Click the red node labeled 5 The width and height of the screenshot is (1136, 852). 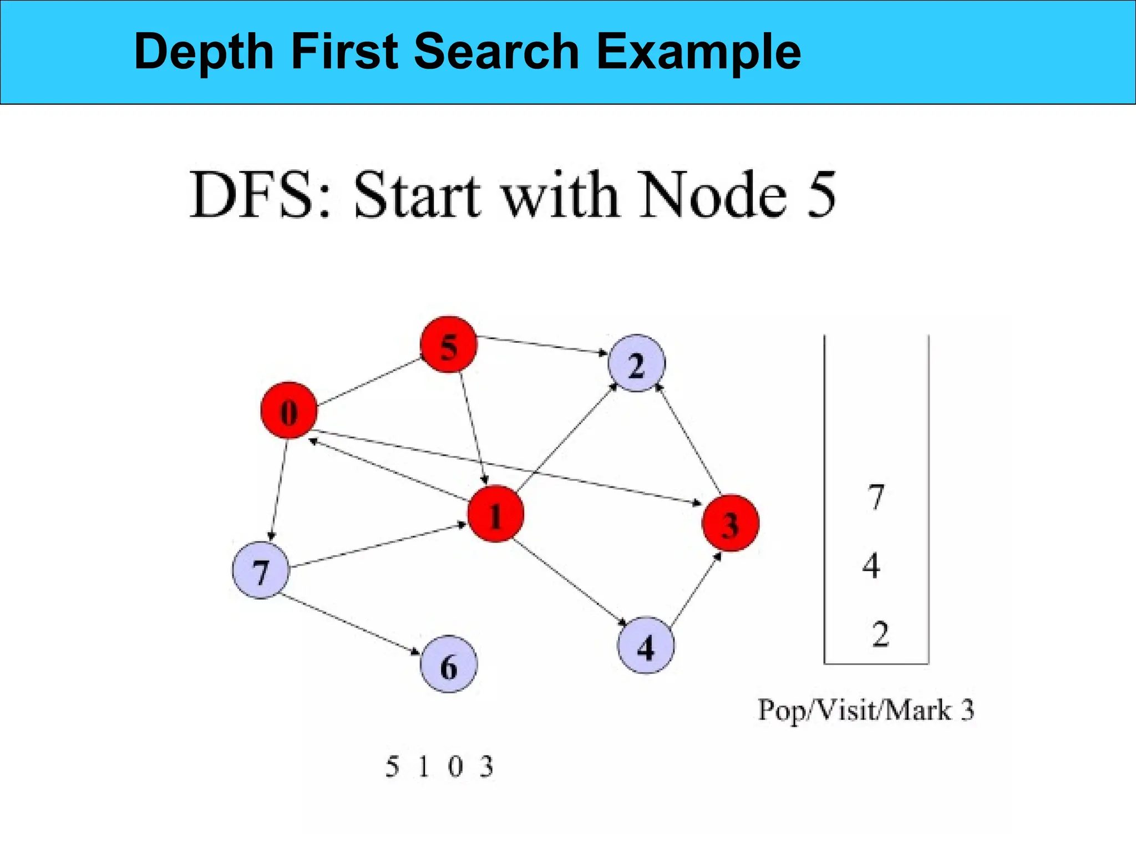[448, 344]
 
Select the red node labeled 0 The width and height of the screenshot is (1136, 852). [288, 410]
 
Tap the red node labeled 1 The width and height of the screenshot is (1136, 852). [495, 514]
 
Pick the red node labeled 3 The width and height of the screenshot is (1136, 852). [730, 523]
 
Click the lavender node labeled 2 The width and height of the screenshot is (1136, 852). [636, 363]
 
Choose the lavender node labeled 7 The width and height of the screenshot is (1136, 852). [260, 570]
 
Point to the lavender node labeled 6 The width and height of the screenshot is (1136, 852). [448, 664]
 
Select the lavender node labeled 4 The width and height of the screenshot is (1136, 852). [646, 645]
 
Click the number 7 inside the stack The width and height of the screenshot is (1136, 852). [875, 496]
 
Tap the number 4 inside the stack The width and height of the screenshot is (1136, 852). [871, 566]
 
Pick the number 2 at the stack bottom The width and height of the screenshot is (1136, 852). [880, 634]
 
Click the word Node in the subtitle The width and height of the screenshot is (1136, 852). [712, 195]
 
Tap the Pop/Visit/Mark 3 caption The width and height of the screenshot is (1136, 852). [866, 710]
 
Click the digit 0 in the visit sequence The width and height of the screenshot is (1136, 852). [455, 767]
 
